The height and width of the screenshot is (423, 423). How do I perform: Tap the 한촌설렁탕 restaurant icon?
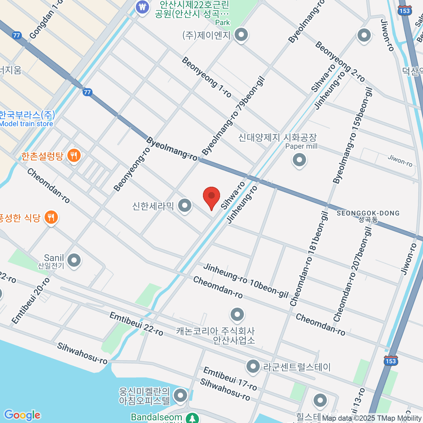point(74,155)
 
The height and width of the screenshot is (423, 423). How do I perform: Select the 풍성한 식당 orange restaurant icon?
point(51,217)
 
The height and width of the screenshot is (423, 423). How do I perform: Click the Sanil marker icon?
point(74,261)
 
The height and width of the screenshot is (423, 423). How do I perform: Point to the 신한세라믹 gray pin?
point(184,206)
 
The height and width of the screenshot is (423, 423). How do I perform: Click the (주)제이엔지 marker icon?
point(241,35)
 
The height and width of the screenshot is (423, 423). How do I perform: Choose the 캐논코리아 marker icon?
point(237,314)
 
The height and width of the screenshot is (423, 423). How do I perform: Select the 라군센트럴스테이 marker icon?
point(253,367)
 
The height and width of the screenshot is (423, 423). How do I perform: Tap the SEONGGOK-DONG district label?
point(368,213)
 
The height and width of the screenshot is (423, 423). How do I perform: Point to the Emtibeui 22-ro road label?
point(136,324)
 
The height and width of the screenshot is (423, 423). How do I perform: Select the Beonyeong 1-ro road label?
point(207,77)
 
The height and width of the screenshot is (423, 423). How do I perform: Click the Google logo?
point(22,415)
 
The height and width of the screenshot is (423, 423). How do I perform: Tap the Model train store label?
point(26,124)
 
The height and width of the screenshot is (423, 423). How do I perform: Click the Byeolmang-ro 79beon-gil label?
point(233,117)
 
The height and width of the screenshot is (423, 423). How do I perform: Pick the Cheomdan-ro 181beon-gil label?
point(309,259)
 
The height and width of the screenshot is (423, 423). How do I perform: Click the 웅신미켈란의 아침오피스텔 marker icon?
point(181,396)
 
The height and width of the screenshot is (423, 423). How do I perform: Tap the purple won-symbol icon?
point(142,7)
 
